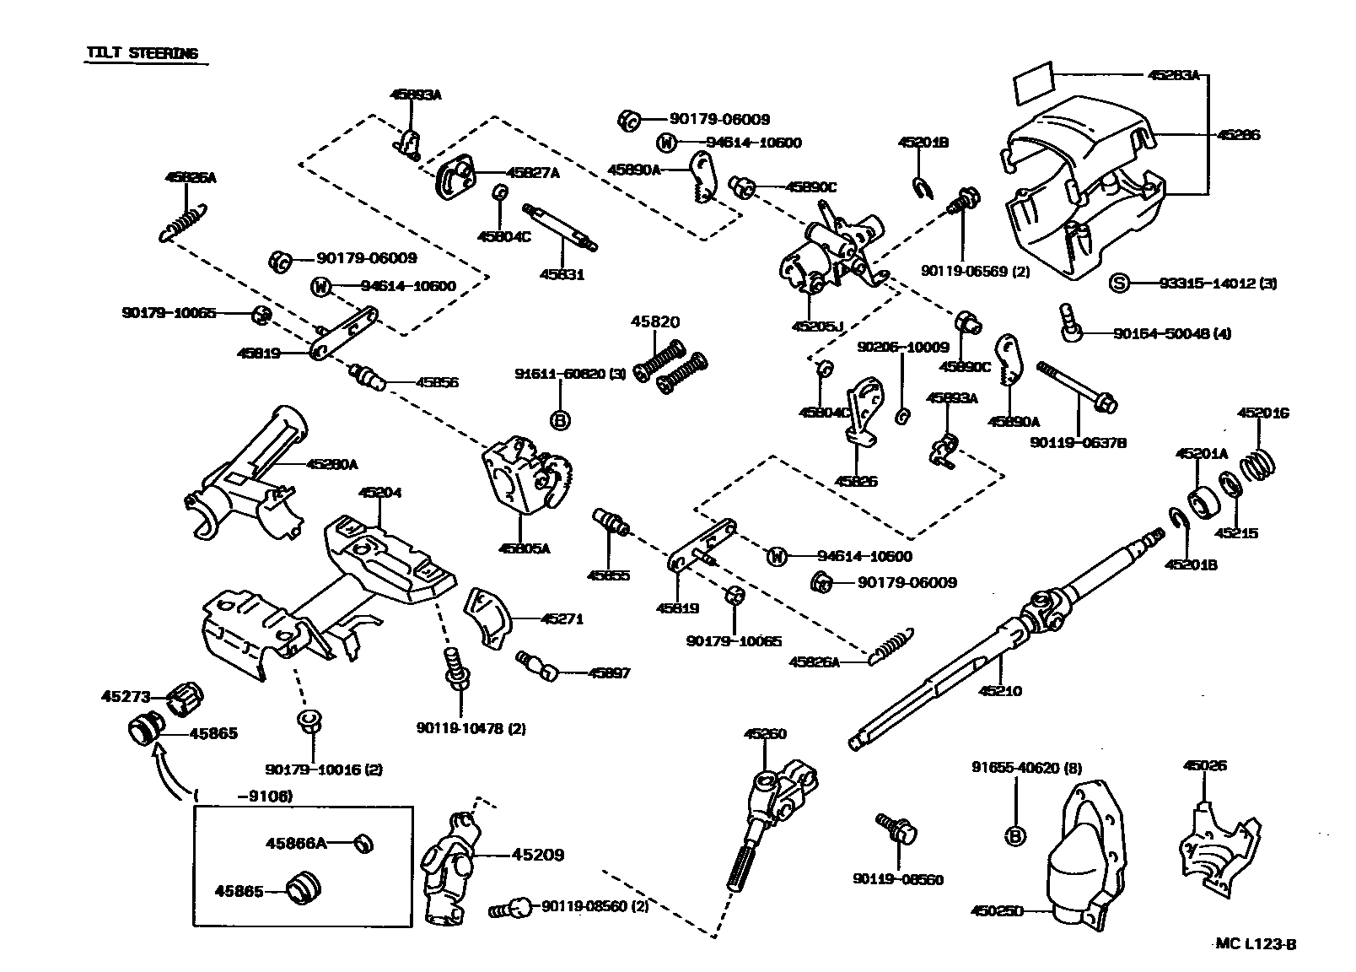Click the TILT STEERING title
[x=142, y=53]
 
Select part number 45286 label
[x=1239, y=135]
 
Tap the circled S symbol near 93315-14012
[x=1118, y=283]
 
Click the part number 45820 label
[x=655, y=322]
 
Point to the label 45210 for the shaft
[x=1000, y=691]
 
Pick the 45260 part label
[x=765, y=734]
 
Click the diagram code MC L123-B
[x=1256, y=944]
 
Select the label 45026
[x=1204, y=766]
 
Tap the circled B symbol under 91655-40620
[x=1015, y=836]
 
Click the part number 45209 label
[x=537, y=855]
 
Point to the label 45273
[x=126, y=697]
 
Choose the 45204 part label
[x=379, y=493]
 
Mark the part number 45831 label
[x=562, y=274]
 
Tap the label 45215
[x=1235, y=533]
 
